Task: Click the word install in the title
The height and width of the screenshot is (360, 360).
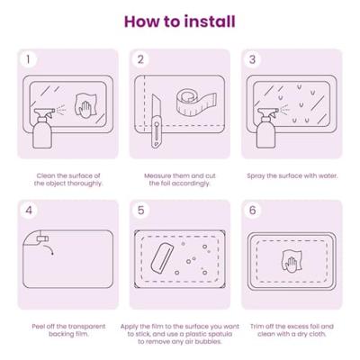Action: (x=210, y=22)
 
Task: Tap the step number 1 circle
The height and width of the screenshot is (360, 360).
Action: (x=29, y=59)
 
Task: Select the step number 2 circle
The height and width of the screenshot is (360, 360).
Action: (x=140, y=59)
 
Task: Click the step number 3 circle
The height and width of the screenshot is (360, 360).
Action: (x=253, y=59)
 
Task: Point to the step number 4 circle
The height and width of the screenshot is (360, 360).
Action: (x=29, y=211)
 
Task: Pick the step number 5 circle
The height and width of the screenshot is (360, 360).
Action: (x=140, y=211)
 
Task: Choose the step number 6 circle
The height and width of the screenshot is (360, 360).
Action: (x=253, y=211)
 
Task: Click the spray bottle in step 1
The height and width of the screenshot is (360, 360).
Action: (x=42, y=129)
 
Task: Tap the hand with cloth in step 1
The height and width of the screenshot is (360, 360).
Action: (x=86, y=105)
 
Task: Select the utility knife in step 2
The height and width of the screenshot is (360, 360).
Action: (x=157, y=121)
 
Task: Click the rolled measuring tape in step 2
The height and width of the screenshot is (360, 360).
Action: (x=196, y=102)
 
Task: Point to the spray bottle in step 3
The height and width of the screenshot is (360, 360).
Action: (x=266, y=129)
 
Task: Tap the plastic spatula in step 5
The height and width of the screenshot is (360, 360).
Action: (x=162, y=257)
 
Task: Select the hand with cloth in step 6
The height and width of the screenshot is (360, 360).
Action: (x=291, y=261)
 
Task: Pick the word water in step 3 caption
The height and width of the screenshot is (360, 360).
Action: (x=327, y=175)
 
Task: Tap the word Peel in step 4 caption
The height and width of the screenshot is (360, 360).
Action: (x=39, y=327)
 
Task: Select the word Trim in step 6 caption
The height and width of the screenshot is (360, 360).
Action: (x=257, y=327)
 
